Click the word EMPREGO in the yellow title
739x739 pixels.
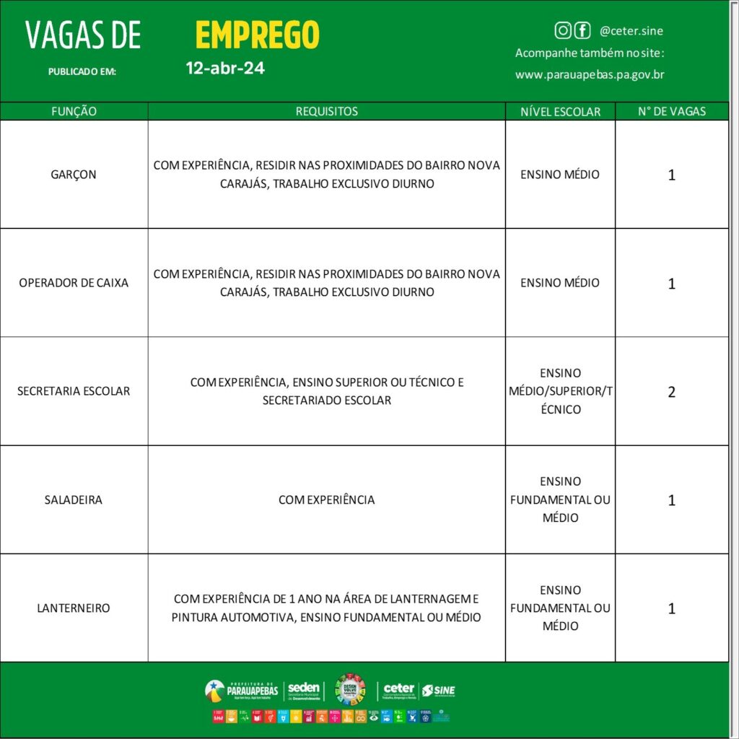[257, 35]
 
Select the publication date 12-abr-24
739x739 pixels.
[225, 69]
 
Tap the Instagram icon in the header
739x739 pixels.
[563, 30]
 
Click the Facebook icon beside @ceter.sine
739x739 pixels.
[582, 30]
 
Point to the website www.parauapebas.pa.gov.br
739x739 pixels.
[590, 74]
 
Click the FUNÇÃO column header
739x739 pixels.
[74, 111]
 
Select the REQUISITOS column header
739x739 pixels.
[326, 111]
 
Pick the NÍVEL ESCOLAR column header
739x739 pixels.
[560, 111]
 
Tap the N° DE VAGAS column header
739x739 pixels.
[672, 111]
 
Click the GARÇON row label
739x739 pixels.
[74, 175]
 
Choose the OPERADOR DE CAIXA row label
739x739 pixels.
[74, 283]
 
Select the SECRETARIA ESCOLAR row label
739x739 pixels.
[74, 391]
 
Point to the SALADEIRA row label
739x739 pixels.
[74, 499]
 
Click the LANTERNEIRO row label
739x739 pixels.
[74, 608]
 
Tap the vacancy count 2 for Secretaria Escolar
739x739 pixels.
[672, 392]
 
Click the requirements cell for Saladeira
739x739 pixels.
[326, 499]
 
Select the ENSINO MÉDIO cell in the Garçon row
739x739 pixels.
[560, 175]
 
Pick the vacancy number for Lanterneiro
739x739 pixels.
[672, 608]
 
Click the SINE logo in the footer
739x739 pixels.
[438, 691]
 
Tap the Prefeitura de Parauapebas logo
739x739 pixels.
[241, 691]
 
